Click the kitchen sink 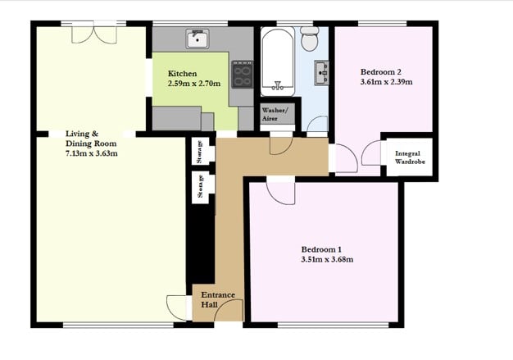click(197, 39)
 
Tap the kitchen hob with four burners click(243, 75)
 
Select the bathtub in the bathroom click(278, 62)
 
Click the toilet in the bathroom click(310, 39)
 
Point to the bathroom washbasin click(321, 73)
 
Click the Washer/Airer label click(275, 114)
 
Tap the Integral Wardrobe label click(409, 157)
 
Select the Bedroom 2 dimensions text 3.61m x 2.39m click(386, 82)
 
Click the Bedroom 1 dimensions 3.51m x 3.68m click(327, 259)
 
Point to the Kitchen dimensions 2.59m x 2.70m click(194, 84)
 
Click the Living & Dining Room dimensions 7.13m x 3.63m click(92, 153)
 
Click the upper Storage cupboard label click(200, 152)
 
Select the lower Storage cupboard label click(200, 186)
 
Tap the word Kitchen click(182, 74)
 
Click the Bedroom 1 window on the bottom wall click(333, 325)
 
